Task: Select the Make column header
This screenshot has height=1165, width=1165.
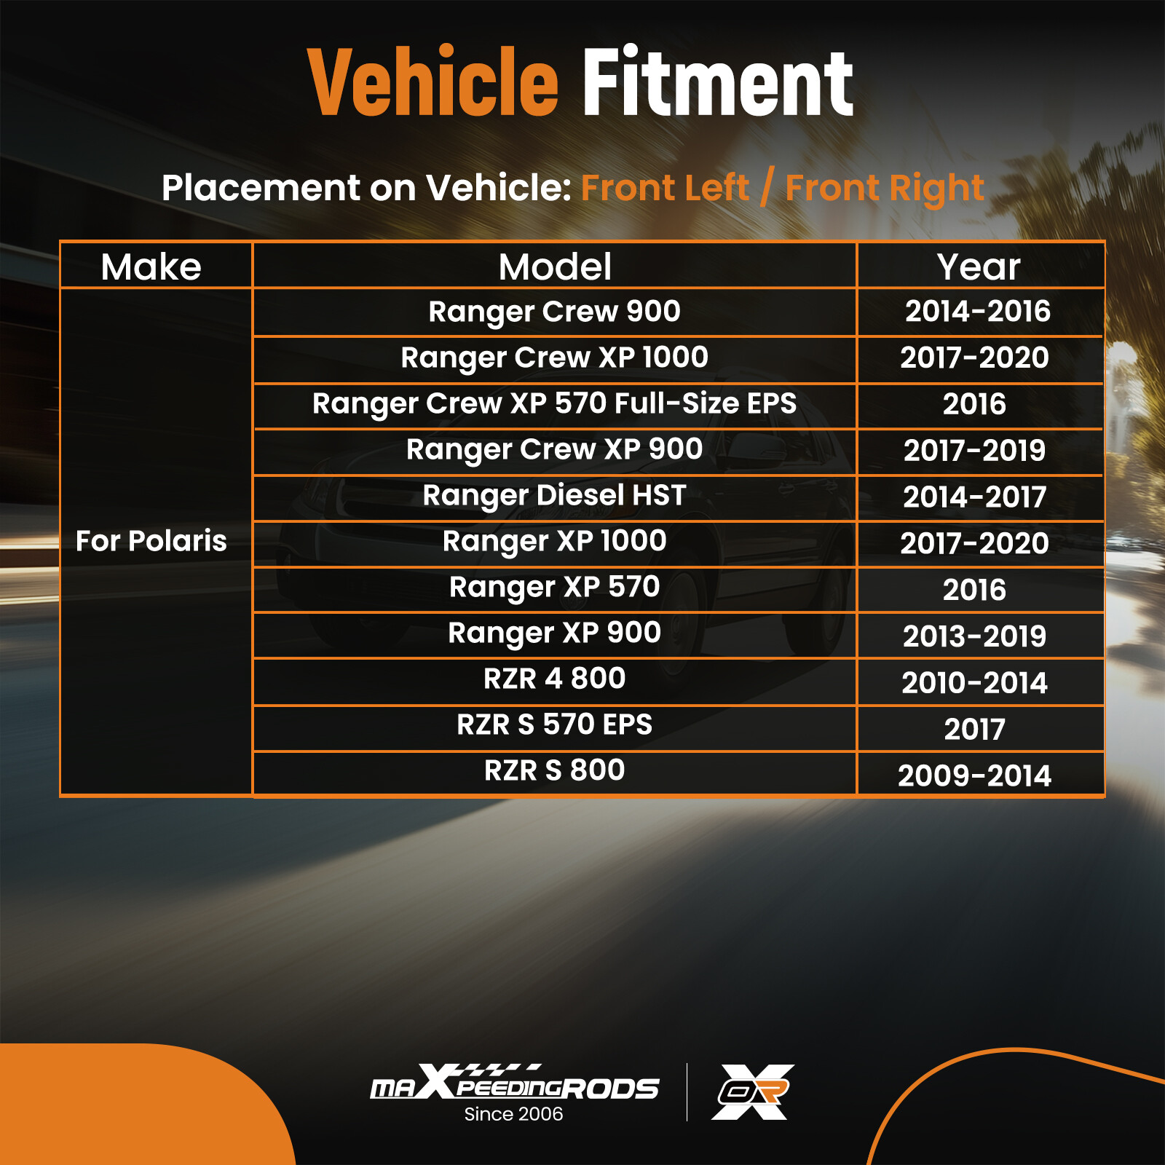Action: (151, 266)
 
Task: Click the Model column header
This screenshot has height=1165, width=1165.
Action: (555, 266)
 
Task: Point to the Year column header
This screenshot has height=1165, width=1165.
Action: (979, 266)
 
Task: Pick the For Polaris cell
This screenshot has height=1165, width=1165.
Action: (151, 541)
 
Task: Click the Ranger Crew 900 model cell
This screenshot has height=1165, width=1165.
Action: (554, 312)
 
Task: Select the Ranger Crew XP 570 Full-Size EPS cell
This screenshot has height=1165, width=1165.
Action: (554, 403)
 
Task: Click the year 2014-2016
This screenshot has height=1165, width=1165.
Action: (978, 312)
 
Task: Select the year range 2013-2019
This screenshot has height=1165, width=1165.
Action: (975, 636)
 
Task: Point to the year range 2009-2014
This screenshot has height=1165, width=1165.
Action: (975, 775)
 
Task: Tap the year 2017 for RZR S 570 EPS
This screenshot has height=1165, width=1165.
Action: (975, 729)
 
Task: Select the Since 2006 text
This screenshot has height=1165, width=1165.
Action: (513, 1114)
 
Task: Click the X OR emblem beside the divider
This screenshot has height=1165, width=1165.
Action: (753, 1091)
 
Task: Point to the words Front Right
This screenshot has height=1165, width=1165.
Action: (885, 189)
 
